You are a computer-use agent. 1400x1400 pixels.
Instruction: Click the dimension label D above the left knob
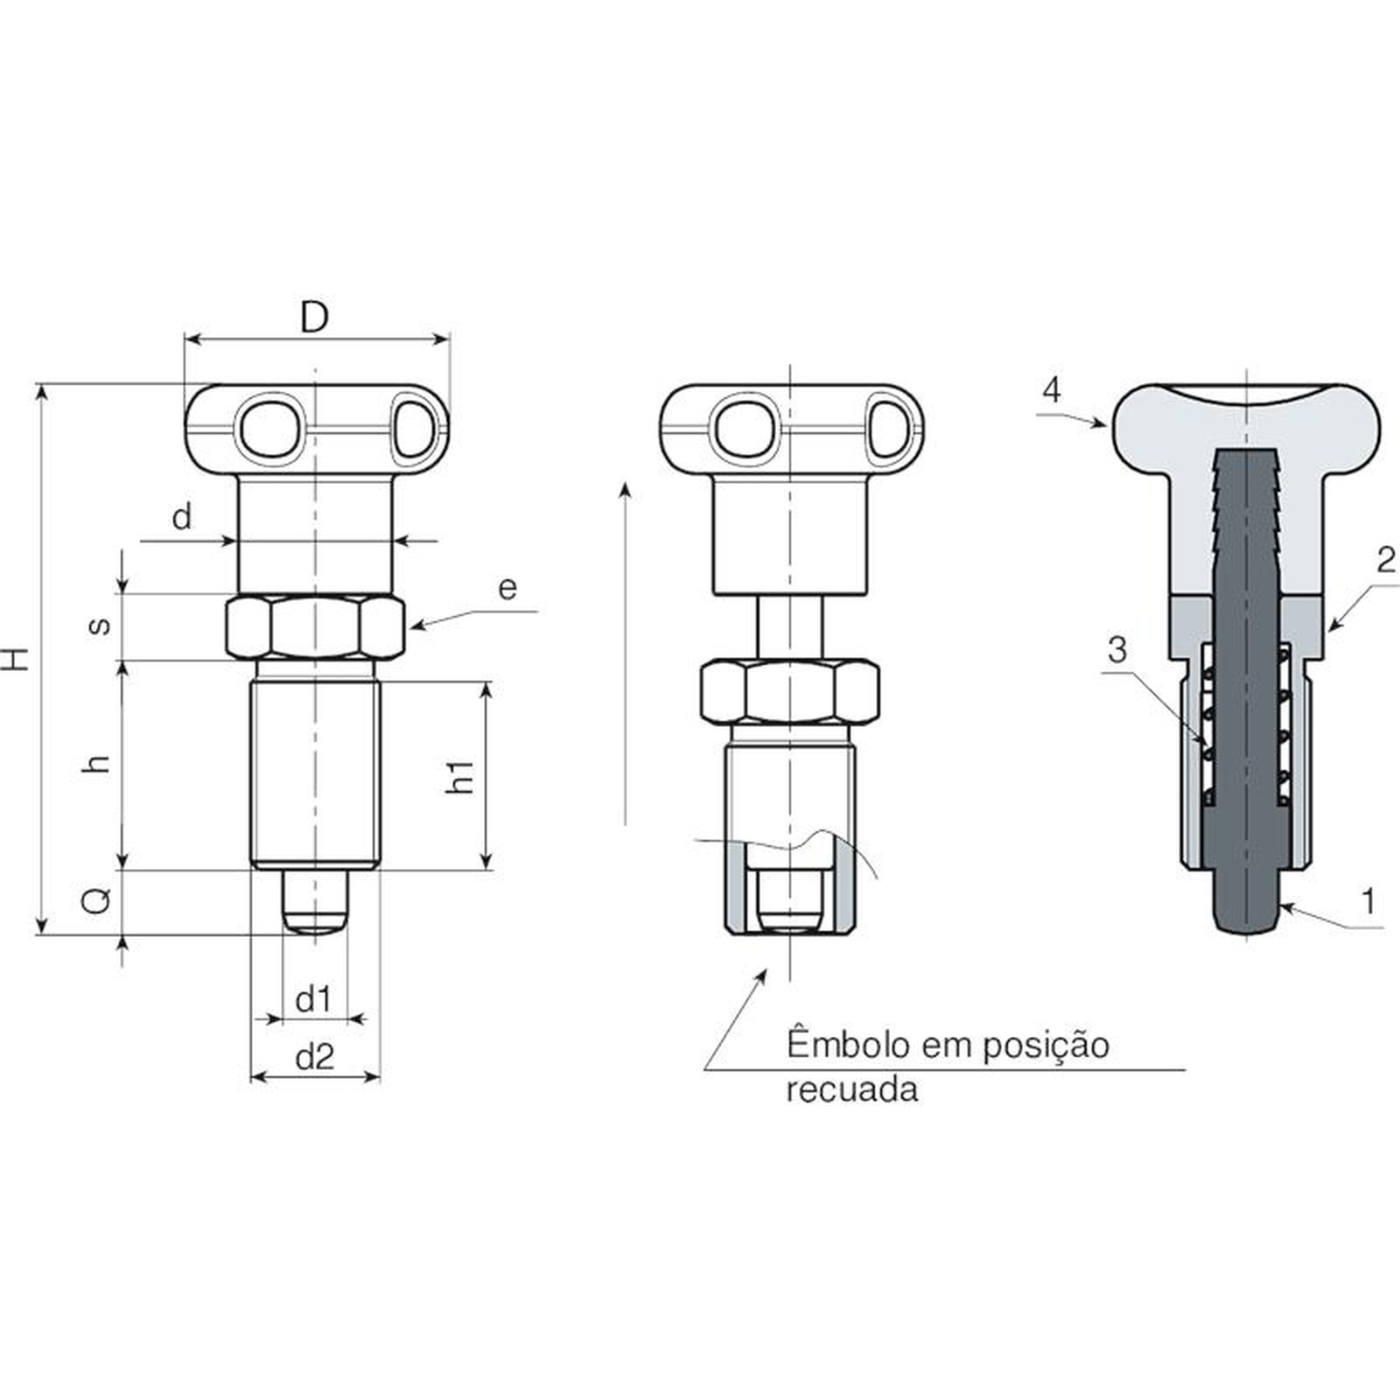point(314,317)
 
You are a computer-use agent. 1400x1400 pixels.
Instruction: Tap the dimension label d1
point(313,998)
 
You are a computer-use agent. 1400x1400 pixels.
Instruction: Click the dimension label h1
point(460,776)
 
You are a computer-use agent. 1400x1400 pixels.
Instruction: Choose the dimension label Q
point(97,899)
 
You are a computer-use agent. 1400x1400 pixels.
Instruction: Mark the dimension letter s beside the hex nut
point(101,625)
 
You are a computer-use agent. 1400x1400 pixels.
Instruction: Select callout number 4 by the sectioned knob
point(1052,389)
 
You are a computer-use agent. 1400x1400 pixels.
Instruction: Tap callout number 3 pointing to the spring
point(1117,650)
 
